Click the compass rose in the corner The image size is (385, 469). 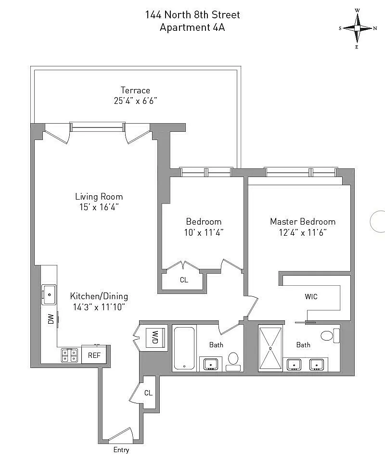(x=357, y=28)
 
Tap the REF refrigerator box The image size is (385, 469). (x=94, y=355)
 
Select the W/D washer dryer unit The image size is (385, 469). (x=155, y=338)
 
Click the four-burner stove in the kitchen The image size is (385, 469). (x=69, y=355)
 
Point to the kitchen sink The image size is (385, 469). (x=49, y=294)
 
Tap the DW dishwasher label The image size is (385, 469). (x=51, y=319)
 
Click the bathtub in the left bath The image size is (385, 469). (x=184, y=348)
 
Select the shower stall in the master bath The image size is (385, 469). (x=270, y=348)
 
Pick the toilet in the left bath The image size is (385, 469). (x=233, y=362)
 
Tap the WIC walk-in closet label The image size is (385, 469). (x=311, y=297)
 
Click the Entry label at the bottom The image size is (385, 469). (x=121, y=450)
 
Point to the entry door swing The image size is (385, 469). (x=121, y=434)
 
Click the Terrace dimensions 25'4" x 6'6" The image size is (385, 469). (x=136, y=101)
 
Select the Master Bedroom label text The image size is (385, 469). (x=303, y=222)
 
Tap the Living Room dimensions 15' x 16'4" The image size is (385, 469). (x=99, y=207)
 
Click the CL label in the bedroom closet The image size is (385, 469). (x=184, y=280)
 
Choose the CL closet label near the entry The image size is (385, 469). (x=148, y=393)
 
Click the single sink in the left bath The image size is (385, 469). (x=211, y=364)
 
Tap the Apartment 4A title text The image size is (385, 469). (x=192, y=27)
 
